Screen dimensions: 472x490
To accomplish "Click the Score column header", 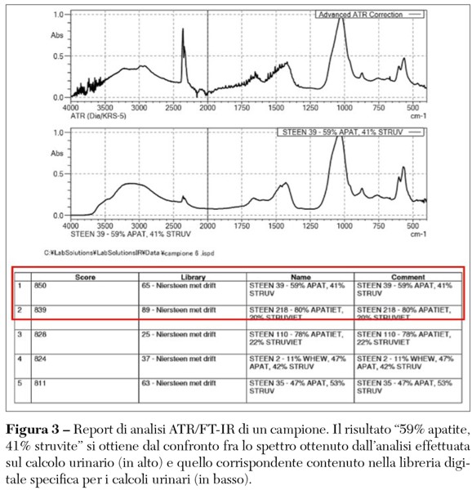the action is [85, 277].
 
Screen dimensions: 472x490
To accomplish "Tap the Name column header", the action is [301, 277].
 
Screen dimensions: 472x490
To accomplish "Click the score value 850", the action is [42, 287].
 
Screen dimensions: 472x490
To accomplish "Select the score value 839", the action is [42, 310].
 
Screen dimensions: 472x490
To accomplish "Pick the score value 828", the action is [42, 334].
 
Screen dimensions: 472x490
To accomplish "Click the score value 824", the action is [42, 358].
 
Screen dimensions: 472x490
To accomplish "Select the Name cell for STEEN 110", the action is [297, 338].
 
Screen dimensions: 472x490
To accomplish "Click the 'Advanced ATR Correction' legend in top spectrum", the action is [370, 15].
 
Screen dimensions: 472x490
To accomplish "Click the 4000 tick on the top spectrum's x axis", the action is [71, 107].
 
